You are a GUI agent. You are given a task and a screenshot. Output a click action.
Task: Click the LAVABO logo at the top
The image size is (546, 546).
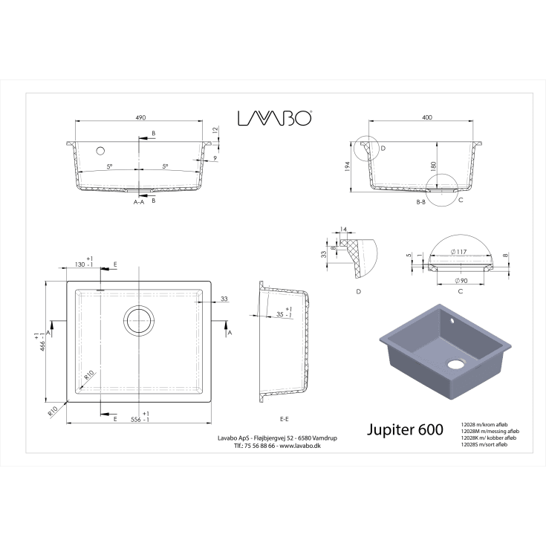click(x=274, y=118)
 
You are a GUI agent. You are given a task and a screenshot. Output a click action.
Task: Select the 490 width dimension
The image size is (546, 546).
click(x=140, y=117)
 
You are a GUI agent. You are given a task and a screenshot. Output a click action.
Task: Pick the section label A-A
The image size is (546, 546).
click(x=139, y=202)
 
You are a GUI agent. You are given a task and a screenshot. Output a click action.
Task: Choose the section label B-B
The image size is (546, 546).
click(x=420, y=202)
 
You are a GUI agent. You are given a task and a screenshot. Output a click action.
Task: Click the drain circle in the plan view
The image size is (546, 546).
click(x=139, y=320)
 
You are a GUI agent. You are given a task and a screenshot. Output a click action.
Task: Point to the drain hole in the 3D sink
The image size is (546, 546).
click(x=455, y=365)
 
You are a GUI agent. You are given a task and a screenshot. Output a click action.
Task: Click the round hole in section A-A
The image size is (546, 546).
click(x=100, y=150)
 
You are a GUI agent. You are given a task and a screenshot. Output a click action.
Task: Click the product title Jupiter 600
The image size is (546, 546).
click(x=406, y=430)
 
